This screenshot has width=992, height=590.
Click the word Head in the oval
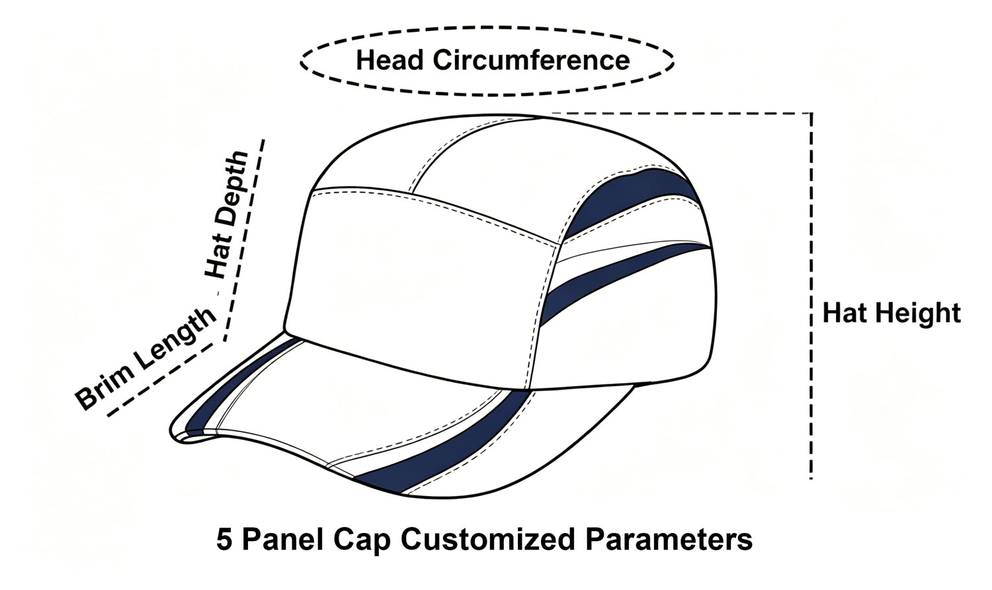pyautogui.click(x=390, y=60)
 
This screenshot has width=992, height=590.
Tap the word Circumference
pyautogui.click(x=532, y=60)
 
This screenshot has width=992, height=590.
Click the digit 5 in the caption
pyautogui.click(x=224, y=540)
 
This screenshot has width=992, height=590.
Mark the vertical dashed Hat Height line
pyautogui.click(x=811, y=296)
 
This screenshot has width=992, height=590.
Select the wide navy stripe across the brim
pyautogui.click(x=443, y=443)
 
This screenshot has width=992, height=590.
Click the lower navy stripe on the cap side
pyautogui.click(x=620, y=279)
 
